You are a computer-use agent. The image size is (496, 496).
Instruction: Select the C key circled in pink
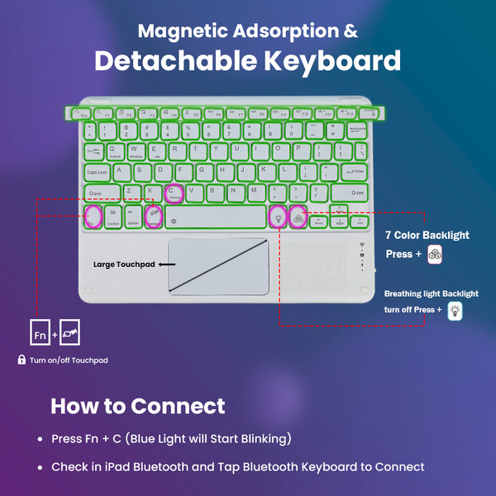174,193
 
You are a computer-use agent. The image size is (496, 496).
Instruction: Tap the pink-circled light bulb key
277,217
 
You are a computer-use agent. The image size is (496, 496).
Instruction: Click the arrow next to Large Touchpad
167,265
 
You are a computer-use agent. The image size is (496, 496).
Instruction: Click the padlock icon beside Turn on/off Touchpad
21,360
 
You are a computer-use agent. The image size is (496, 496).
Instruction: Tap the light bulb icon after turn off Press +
454,311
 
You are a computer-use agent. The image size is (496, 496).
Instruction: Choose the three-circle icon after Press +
435,255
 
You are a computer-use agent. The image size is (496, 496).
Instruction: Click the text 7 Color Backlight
427,235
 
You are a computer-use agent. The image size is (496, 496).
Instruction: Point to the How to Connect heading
137,406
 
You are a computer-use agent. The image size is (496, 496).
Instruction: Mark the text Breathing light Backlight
431,293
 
